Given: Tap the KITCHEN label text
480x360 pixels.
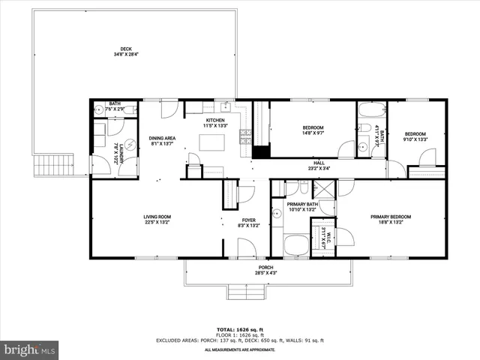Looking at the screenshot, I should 216,120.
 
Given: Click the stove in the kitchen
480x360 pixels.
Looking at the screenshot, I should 244,136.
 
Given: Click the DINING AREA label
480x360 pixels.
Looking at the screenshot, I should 162,138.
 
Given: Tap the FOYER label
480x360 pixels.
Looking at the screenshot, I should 228,220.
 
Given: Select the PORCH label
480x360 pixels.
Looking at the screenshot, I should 266,268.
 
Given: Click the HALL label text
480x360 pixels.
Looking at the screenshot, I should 319,163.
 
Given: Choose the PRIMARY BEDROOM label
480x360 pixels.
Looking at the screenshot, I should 390,217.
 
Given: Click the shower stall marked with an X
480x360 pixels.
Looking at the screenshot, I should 325,187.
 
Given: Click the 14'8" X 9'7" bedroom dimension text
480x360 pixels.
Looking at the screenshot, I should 313,133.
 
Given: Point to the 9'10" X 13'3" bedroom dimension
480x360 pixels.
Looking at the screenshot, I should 415,138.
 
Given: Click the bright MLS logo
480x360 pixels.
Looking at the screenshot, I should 29,349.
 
